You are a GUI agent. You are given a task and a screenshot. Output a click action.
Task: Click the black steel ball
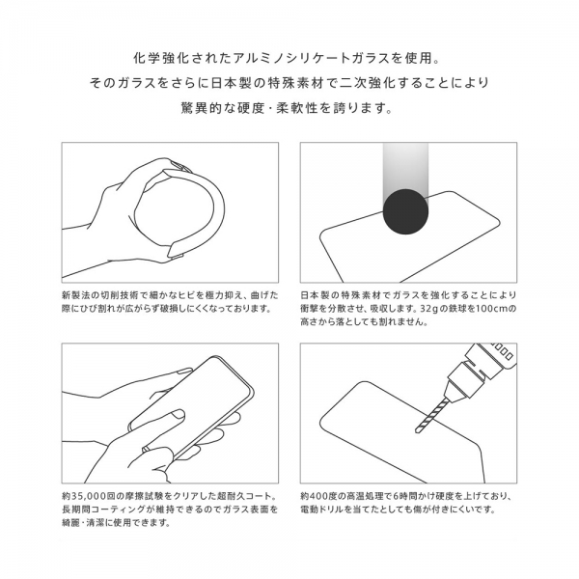coord(405,211)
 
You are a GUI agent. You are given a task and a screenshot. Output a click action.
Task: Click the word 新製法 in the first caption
coord(75,295)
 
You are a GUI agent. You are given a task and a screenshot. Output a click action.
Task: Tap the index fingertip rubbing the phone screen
coord(179,414)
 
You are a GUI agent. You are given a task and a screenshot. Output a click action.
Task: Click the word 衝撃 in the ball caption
coord(310,308)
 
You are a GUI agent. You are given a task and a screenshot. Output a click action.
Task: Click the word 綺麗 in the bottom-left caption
coord(70,522)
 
